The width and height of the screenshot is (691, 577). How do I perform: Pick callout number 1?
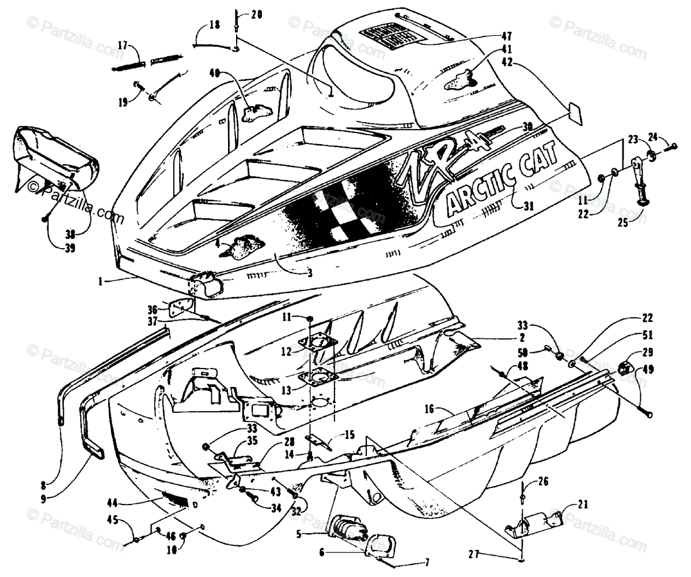102,280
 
